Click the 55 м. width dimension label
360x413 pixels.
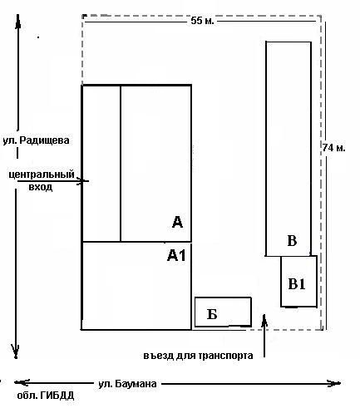[x=202, y=21]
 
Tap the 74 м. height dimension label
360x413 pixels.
[x=333, y=148]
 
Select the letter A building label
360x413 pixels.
[x=177, y=222]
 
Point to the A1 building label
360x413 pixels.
[x=176, y=255]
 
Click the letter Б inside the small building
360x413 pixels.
[x=212, y=314]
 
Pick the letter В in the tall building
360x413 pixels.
[x=292, y=240]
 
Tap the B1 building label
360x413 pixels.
[x=297, y=284]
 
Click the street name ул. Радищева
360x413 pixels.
[x=36, y=140]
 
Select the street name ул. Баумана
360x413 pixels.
[x=127, y=384]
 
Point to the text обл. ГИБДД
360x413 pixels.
[x=46, y=396]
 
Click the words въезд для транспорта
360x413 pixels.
[x=198, y=356]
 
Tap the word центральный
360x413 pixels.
[x=42, y=175]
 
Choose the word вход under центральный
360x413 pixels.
[x=41, y=187]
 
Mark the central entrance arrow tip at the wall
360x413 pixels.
[x=82, y=181]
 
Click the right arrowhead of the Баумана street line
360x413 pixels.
[x=338, y=383]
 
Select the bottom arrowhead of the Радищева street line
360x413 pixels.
[x=16, y=356]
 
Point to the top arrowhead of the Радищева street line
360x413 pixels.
[x=18, y=17]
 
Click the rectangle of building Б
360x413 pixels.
[x=223, y=297]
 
